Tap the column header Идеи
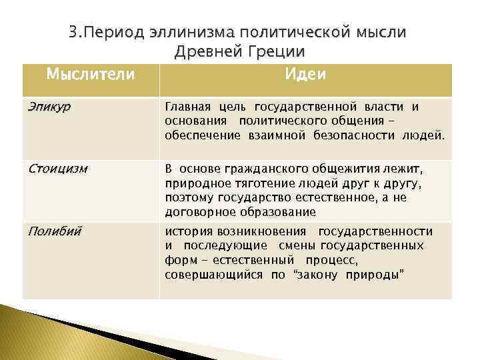tap(305, 74)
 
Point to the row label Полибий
tap(55, 231)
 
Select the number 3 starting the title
tap(73, 33)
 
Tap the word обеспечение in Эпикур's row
tap(198, 136)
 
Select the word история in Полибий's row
tap(189, 231)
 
